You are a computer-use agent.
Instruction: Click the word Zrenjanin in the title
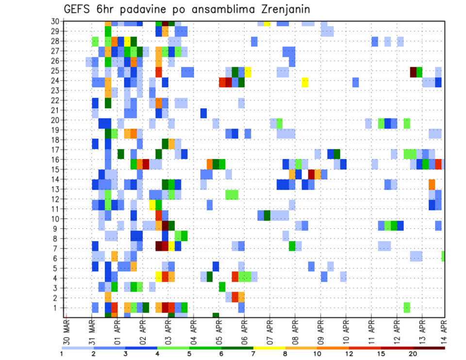click(x=280, y=9)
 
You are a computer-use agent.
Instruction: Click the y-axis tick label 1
click(x=57, y=308)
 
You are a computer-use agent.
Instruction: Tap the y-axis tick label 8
click(x=57, y=238)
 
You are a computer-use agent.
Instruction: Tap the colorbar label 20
click(x=413, y=354)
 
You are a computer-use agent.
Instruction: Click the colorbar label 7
click(x=253, y=354)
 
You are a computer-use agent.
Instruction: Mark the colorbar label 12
click(x=349, y=354)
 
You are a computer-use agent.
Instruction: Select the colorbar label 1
click(x=62, y=354)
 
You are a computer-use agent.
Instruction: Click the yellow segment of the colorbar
click(x=269, y=348)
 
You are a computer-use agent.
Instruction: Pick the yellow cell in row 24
click(x=305, y=82)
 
